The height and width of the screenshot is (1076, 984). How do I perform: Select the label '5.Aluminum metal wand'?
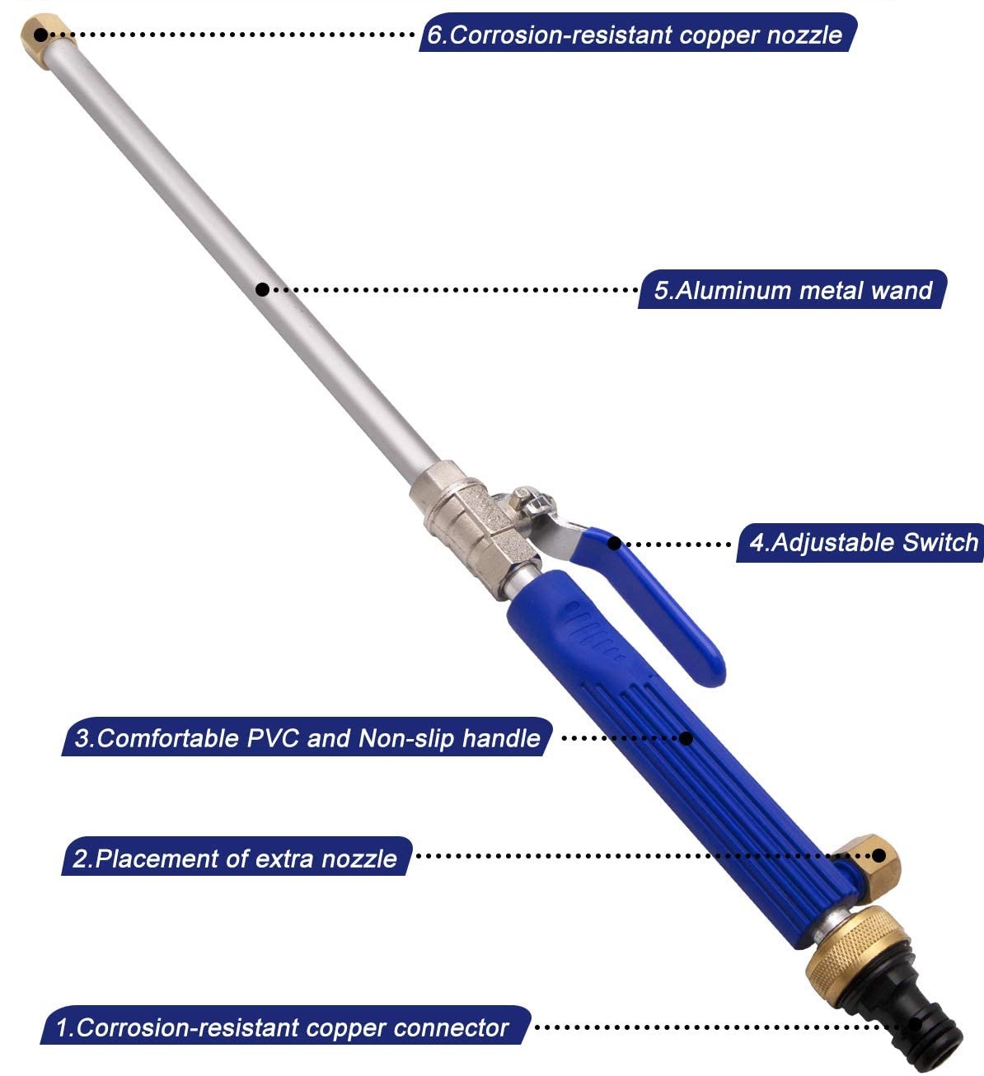click(x=793, y=290)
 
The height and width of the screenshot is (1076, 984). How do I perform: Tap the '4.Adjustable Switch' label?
click(x=862, y=543)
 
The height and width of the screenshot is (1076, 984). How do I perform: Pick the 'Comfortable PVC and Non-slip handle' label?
click(x=307, y=737)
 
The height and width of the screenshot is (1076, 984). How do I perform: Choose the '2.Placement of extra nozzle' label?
click(x=235, y=858)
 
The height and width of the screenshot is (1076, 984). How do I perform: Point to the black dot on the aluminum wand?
click(x=262, y=289)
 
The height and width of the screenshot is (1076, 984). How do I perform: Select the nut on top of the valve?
click(x=524, y=498)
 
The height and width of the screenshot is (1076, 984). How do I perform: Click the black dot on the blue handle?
click(x=686, y=738)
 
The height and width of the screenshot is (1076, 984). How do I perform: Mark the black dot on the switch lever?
click(x=615, y=543)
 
